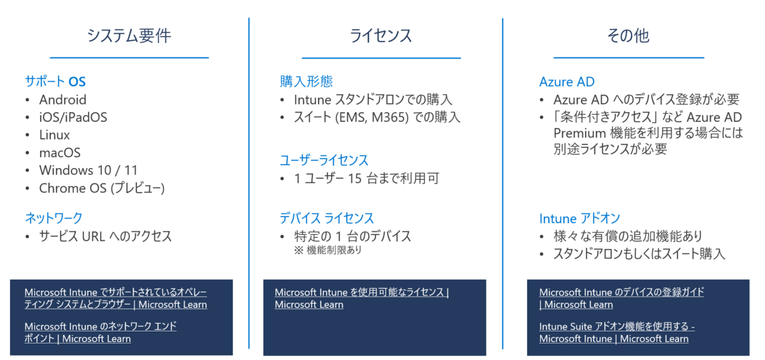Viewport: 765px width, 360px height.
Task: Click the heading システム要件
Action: point(129,36)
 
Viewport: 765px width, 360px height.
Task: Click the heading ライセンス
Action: point(381,36)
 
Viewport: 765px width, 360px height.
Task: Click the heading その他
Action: point(628,36)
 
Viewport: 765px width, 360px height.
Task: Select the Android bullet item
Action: point(62,99)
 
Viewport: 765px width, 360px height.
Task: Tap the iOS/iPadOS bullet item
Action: point(73,117)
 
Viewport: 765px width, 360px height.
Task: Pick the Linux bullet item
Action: point(54,135)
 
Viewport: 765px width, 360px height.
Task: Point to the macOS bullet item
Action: point(60,153)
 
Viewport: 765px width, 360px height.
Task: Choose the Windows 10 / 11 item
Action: point(88,170)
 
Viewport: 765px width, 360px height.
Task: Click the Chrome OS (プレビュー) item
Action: point(102,188)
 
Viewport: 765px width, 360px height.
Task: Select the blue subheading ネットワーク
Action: point(54,218)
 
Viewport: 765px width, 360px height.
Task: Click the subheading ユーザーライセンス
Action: point(324,160)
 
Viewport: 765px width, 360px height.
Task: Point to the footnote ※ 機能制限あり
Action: point(328,250)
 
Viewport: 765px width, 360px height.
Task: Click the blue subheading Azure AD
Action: point(567,82)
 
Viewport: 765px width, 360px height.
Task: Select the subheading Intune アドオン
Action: point(579,218)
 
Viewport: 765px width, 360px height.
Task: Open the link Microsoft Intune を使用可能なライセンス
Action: point(361,292)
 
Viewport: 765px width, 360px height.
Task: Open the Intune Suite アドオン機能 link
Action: point(616,327)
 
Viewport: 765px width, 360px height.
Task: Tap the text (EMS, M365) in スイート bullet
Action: point(368,117)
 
